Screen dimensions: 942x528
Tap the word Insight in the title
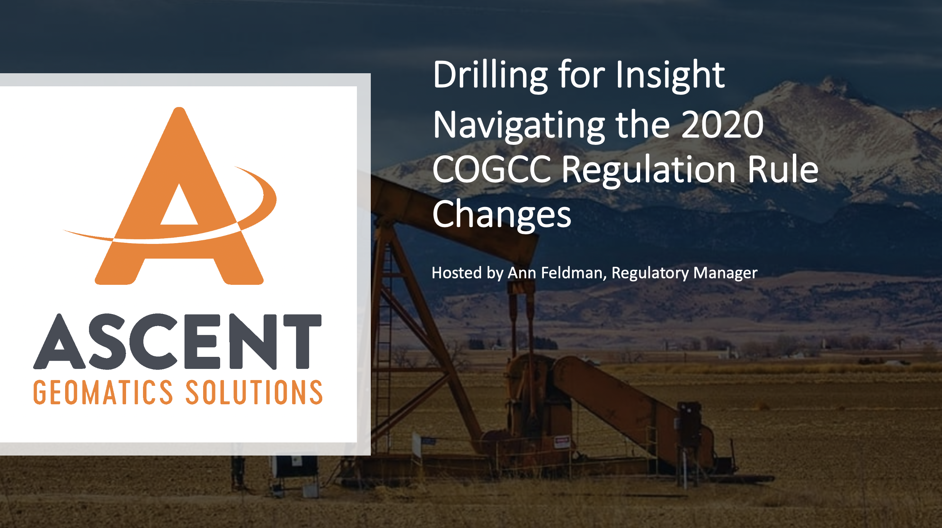tap(670, 76)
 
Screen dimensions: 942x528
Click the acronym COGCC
tap(492, 170)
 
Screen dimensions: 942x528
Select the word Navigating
tap(519, 126)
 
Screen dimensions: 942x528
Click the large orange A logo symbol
tap(170, 196)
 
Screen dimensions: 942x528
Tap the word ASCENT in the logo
tap(177, 341)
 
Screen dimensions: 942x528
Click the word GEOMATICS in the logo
tap(103, 392)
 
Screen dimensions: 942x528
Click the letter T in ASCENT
tap(303, 341)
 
